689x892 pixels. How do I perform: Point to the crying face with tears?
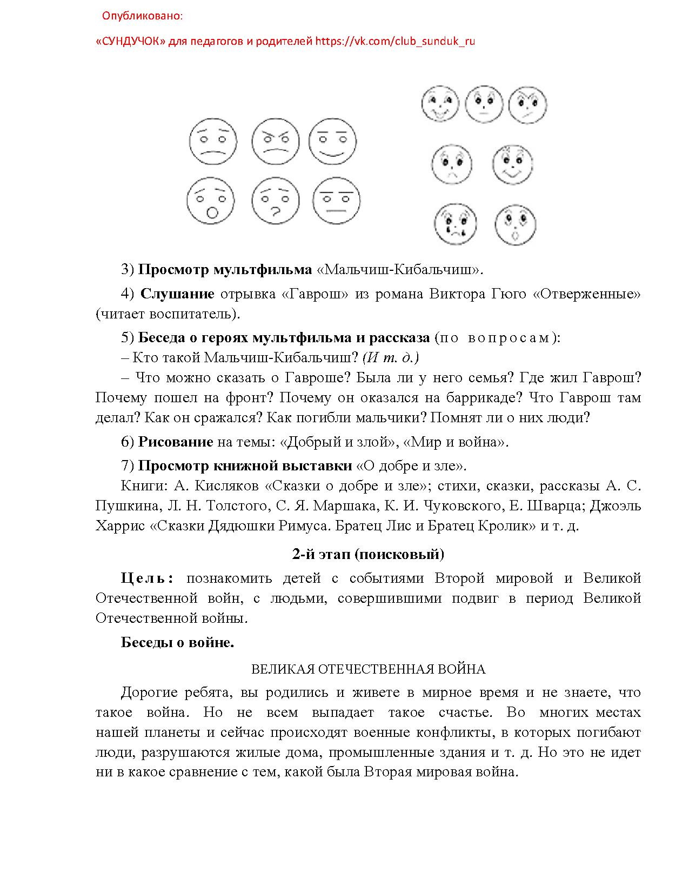456,224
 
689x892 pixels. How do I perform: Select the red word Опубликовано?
143,16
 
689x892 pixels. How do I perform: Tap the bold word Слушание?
177,294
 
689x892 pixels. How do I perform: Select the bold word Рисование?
176,442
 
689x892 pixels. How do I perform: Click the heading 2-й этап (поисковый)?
368,554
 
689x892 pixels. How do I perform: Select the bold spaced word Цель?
147,578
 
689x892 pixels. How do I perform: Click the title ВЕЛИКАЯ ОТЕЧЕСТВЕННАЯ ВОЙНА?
368,669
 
